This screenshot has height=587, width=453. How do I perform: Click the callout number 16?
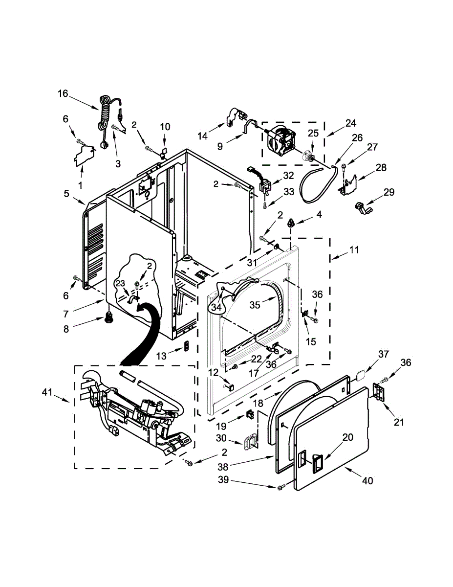63,93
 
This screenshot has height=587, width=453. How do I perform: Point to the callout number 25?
313,133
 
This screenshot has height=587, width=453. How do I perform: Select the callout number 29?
389,192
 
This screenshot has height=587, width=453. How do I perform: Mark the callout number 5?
66,193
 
